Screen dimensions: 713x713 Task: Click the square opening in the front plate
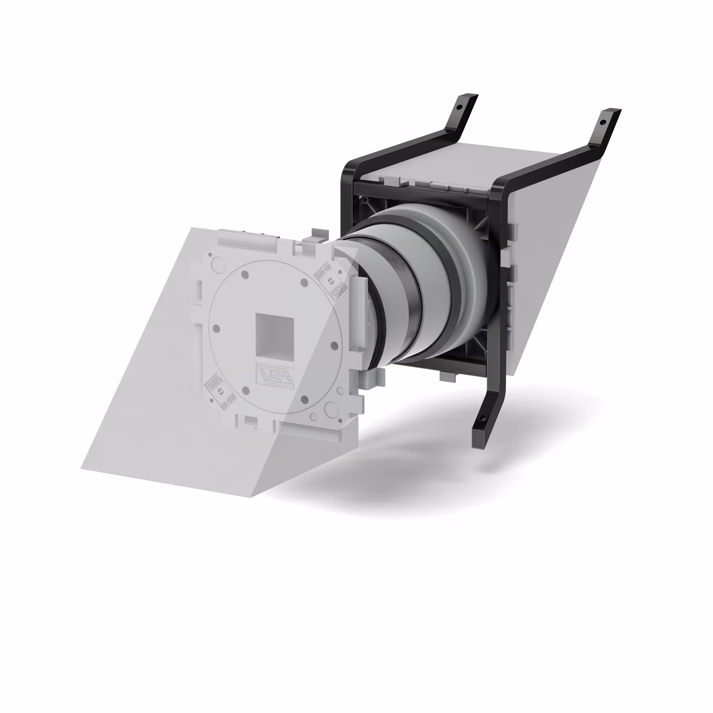pos(275,335)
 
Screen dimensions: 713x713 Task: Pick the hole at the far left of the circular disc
pos(217,328)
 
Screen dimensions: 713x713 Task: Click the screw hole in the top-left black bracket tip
pos(459,107)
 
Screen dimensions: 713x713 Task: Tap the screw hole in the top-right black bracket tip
pos(603,121)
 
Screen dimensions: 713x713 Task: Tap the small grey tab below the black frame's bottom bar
pos(448,377)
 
